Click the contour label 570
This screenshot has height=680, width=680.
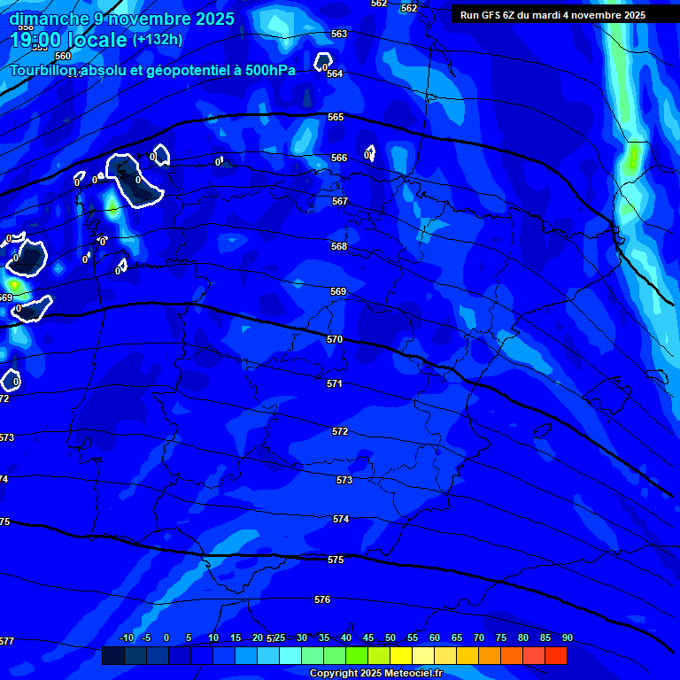tap(334, 339)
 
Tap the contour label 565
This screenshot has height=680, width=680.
tap(336, 117)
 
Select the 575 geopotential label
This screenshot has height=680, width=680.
tap(336, 560)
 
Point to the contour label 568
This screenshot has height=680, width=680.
tap(339, 246)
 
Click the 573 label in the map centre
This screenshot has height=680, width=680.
tap(344, 480)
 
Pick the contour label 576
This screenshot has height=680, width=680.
tap(322, 599)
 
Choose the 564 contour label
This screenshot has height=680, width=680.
tap(335, 73)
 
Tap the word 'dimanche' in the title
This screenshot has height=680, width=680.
tap(48, 19)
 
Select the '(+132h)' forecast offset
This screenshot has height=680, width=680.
tap(157, 40)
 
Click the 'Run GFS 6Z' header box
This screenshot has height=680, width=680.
tap(552, 15)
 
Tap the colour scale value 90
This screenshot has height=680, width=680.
tap(567, 637)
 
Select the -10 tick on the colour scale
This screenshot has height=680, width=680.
tap(126, 637)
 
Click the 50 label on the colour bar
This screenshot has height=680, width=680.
tap(390, 637)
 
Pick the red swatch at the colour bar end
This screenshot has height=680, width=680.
tap(555, 656)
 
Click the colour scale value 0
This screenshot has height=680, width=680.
tap(166, 637)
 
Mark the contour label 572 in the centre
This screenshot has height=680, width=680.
tap(340, 431)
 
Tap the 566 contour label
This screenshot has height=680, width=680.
tap(339, 158)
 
